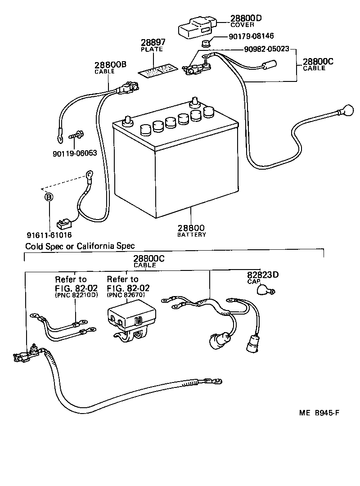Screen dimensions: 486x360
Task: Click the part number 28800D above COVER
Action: pos(246,18)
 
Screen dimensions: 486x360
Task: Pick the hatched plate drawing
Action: pos(157,71)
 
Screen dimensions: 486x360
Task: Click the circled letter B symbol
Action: pos(49,197)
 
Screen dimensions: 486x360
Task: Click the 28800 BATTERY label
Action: pos(191,230)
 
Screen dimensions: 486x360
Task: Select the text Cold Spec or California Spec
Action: pos(80,246)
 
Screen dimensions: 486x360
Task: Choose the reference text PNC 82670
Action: pos(126,295)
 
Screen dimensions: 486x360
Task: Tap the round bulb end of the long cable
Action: pos(348,109)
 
